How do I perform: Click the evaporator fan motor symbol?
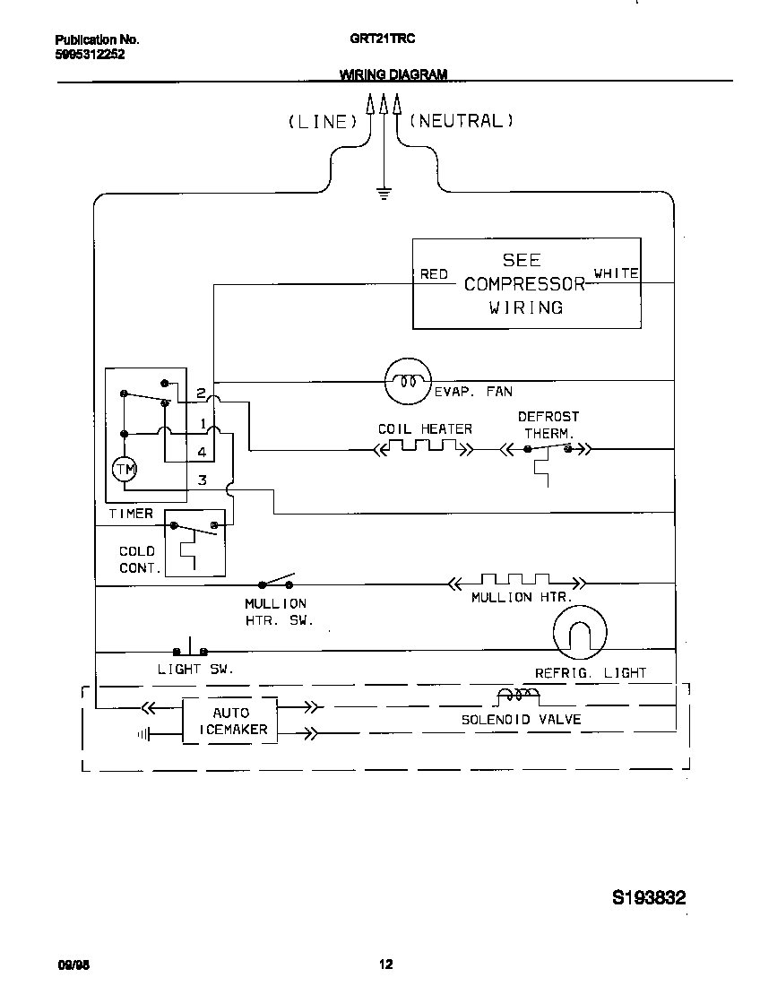[407, 381]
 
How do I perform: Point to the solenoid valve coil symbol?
[518, 696]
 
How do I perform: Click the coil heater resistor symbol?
[423, 446]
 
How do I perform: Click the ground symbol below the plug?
[384, 193]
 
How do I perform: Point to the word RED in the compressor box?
[434, 274]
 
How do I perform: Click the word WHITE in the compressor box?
[617, 273]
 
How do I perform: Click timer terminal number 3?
[203, 480]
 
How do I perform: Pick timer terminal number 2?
[203, 393]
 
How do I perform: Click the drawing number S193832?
[650, 897]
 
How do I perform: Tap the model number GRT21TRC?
[382, 39]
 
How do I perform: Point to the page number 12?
[384, 964]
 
